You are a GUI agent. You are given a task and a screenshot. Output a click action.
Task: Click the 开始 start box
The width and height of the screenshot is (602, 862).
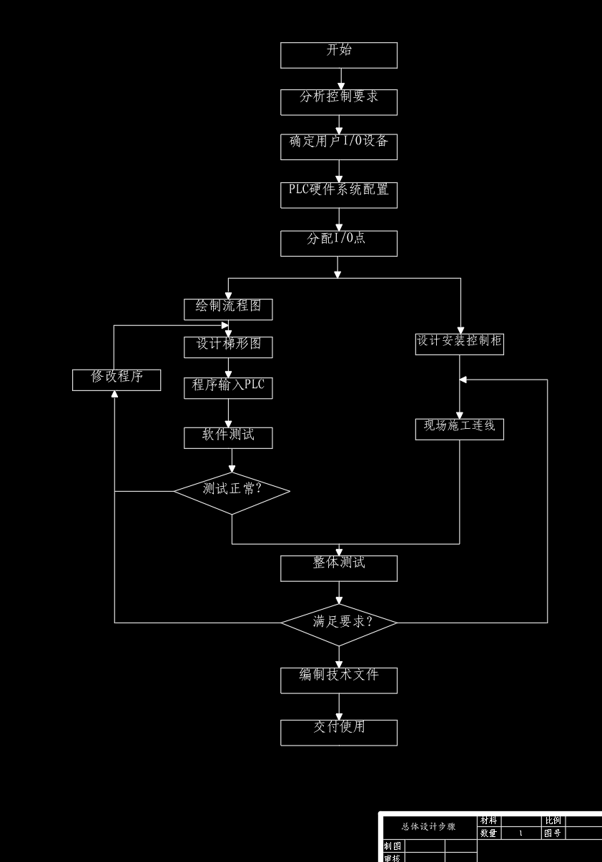coord(339,55)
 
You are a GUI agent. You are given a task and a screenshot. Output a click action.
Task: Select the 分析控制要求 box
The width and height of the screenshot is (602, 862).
coord(339,101)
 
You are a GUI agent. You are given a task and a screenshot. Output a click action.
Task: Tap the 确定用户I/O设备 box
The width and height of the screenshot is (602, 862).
coord(339,147)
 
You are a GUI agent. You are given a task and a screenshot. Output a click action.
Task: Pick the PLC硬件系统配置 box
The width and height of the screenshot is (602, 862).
coord(339,195)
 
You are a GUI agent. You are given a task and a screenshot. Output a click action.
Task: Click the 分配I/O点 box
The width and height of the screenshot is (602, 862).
coord(339,243)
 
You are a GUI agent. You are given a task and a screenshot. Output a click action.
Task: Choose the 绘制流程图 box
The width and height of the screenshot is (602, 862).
coord(228,309)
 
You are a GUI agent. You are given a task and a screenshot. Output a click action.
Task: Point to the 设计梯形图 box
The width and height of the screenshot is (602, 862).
coord(228,347)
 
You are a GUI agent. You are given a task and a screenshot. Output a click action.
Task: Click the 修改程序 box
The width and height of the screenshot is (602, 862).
coord(117,380)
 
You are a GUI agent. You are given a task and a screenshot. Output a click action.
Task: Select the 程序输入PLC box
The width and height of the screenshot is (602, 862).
coord(228,388)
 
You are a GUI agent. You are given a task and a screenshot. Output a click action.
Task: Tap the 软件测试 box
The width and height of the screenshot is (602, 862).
coord(228,437)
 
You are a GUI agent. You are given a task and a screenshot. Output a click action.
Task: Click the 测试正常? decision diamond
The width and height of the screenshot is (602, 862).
coord(232,492)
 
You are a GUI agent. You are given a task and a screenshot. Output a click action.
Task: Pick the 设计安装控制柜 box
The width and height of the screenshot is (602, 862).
coord(460,344)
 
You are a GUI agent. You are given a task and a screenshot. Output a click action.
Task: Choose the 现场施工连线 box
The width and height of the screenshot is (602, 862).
coord(460,429)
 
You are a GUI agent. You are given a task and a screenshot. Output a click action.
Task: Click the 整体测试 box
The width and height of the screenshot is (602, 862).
coord(339,568)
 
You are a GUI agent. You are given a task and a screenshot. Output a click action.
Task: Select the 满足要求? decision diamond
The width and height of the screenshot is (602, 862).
coord(339,623)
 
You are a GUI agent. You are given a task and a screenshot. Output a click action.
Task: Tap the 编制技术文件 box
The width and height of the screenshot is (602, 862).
coord(339,680)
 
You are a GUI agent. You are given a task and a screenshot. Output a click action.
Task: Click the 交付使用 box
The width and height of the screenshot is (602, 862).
coord(339,733)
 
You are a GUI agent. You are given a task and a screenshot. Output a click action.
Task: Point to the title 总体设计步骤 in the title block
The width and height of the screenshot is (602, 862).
coord(428,826)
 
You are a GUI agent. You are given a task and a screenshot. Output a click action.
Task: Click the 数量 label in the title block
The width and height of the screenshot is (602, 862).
coord(488,833)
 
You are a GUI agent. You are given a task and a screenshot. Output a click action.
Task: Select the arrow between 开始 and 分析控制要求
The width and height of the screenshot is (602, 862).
coord(341,79)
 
